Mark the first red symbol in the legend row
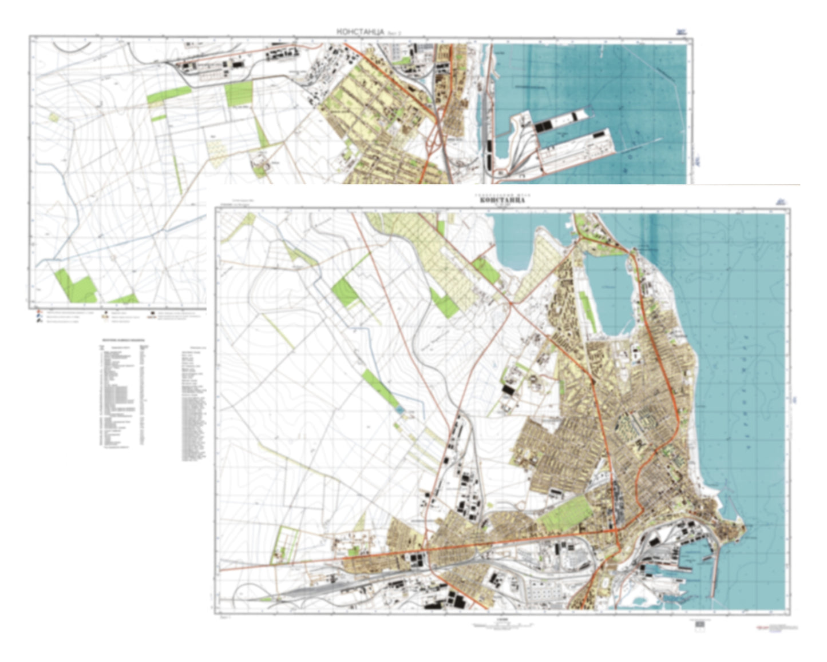(x=38, y=313)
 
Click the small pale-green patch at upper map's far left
(x=53, y=117)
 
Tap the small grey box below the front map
(x=699, y=625)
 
